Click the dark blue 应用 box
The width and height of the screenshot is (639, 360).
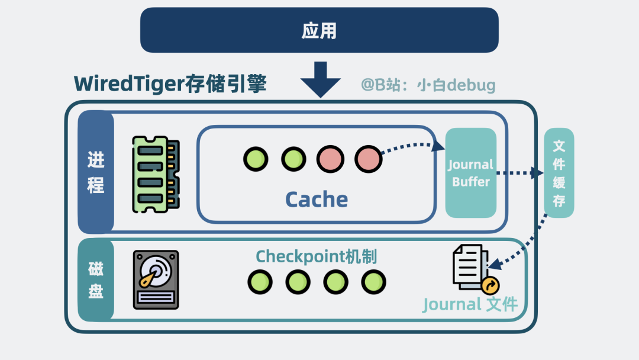(x=319, y=30)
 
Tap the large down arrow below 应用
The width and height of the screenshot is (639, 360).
(x=320, y=79)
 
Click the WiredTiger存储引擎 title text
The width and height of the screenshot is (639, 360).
(x=170, y=84)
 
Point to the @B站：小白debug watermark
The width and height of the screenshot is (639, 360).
(x=428, y=85)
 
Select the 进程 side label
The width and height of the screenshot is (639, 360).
(x=96, y=172)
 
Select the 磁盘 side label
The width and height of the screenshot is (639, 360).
(x=96, y=280)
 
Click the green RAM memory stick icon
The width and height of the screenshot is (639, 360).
(x=156, y=174)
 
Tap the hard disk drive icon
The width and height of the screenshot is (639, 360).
(x=156, y=279)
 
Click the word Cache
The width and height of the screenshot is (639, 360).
(x=317, y=199)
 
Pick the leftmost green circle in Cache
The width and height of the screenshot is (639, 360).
(x=256, y=159)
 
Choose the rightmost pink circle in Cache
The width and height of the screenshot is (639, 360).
(x=368, y=159)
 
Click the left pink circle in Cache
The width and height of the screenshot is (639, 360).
(x=330, y=159)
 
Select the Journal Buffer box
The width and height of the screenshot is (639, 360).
(x=471, y=173)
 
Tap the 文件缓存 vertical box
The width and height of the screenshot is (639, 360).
(x=559, y=173)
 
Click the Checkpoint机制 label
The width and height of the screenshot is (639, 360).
(x=317, y=256)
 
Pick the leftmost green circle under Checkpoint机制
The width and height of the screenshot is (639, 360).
(x=260, y=282)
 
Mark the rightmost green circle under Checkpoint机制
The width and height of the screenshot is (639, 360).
(x=373, y=282)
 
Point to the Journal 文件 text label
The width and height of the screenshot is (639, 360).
(x=470, y=304)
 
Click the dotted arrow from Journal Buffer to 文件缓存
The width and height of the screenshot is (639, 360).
(x=518, y=173)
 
